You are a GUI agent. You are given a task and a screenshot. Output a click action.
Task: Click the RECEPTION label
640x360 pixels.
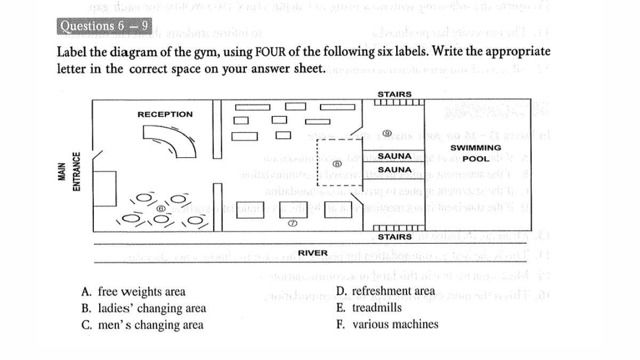pyautogui.click(x=165, y=114)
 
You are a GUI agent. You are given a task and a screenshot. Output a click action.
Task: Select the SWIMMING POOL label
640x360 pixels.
pyautogui.click(x=476, y=153)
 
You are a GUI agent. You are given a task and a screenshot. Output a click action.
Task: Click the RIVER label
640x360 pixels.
pyautogui.click(x=313, y=253)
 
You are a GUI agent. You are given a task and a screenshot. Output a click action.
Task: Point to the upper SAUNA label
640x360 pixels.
pyautogui.click(x=394, y=156)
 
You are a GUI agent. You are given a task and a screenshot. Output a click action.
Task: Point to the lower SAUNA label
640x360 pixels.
pyautogui.click(x=394, y=170)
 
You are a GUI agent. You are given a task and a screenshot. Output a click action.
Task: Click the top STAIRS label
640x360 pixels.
pyautogui.click(x=394, y=94)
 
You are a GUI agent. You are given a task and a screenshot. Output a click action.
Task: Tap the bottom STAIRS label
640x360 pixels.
pyautogui.click(x=394, y=237)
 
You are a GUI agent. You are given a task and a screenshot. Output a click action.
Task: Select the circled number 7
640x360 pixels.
pyautogui.click(x=292, y=225)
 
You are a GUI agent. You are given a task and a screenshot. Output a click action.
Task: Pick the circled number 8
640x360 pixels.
pyautogui.click(x=337, y=164)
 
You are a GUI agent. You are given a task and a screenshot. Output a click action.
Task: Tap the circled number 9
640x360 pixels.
pyautogui.click(x=387, y=133)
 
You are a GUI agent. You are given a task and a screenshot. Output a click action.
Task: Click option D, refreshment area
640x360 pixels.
pyautogui.click(x=386, y=291)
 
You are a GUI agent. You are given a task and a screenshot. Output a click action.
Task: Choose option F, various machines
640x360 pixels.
pyautogui.click(x=387, y=324)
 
